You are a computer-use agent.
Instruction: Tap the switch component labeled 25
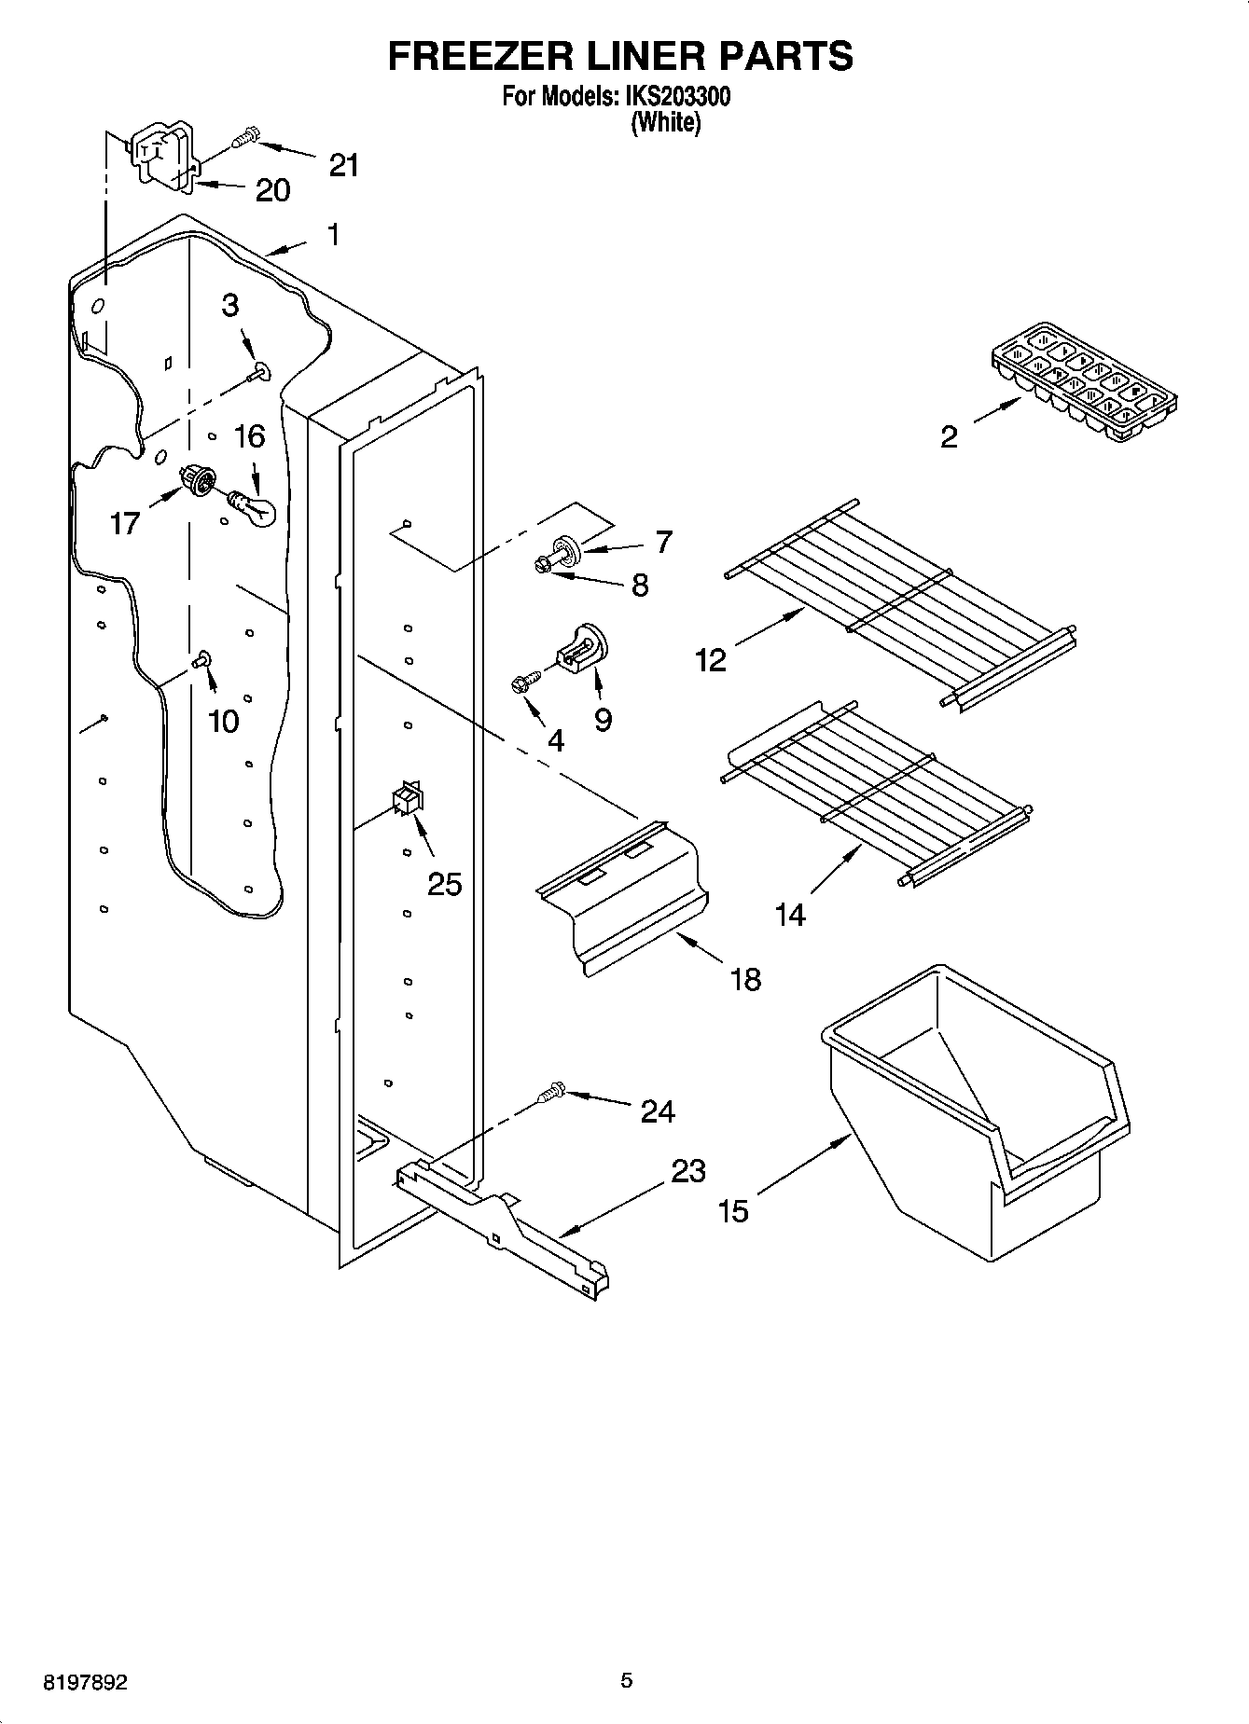click(x=407, y=799)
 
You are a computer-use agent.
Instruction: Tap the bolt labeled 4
click(x=523, y=683)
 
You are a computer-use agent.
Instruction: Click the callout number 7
click(x=663, y=542)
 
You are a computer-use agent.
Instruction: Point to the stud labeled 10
click(x=201, y=659)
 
